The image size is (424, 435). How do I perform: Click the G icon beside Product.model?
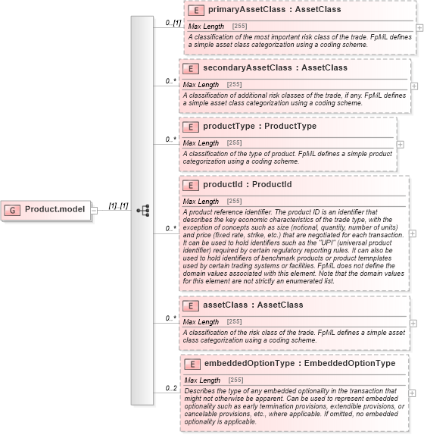coord(13,209)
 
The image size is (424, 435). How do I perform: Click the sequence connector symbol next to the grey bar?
coord(142,210)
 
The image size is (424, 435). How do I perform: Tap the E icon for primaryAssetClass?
coord(195,11)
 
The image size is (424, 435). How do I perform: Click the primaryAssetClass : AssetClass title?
coord(263,11)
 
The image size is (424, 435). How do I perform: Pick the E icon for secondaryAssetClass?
coord(191,68)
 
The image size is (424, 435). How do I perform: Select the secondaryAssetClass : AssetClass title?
coord(264,68)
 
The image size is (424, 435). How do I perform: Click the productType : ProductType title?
coord(260,127)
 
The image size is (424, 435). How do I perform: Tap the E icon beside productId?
coord(191,185)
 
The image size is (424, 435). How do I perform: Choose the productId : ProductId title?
coord(248,185)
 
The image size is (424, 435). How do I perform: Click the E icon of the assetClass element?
coord(191,305)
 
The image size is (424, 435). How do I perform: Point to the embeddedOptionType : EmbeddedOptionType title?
coord(300,364)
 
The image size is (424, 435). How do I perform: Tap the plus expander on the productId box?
coord(412,233)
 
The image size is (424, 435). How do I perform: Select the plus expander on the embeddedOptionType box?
coord(412,393)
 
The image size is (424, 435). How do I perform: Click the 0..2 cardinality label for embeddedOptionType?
coord(171,389)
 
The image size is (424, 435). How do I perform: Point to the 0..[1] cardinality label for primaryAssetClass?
coord(173,23)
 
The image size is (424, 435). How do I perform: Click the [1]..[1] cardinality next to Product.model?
coord(118,205)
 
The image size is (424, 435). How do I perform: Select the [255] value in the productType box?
coord(235,142)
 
